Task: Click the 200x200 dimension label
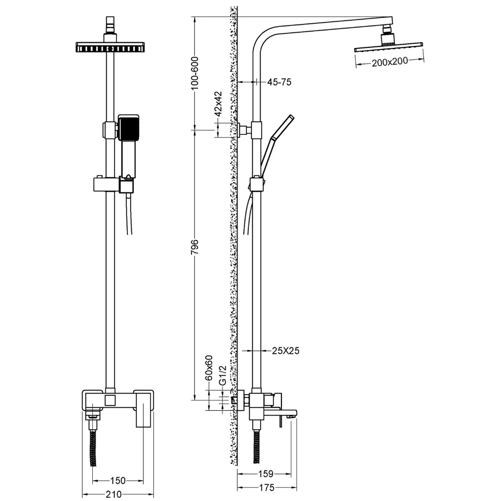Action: click(390, 62)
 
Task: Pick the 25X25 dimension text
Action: click(286, 351)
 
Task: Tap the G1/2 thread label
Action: click(223, 375)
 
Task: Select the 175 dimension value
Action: click(267, 488)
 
